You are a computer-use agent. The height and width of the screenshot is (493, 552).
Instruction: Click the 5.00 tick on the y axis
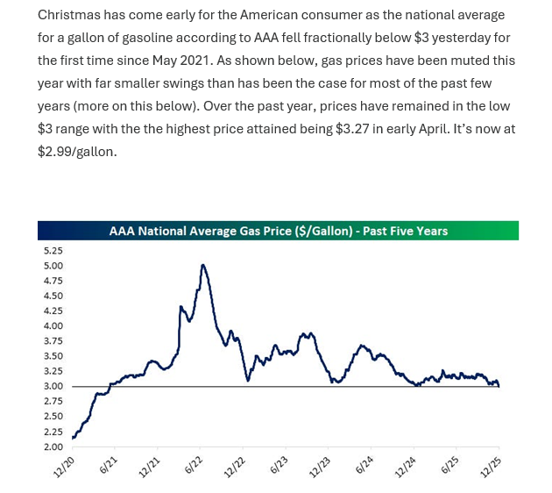pyautogui.click(x=54, y=266)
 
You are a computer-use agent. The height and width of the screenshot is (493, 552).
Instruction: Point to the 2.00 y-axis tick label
pyautogui.click(x=54, y=447)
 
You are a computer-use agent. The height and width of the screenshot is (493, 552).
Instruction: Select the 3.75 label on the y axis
pyautogui.click(x=54, y=341)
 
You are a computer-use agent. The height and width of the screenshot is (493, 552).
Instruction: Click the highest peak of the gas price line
pyautogui.click(x=203, y=265)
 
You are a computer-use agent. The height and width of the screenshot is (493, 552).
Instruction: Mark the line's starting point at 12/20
pyautogui.click(x=73, y=438)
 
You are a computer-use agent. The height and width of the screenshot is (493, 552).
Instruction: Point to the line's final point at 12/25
pyautogui.click(x=499, y=387)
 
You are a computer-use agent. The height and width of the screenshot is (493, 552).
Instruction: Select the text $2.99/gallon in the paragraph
pyautogui.click(x=77, y=151)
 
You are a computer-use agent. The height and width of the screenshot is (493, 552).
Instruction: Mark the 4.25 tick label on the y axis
pyautogui.click(x=54, y=311)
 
